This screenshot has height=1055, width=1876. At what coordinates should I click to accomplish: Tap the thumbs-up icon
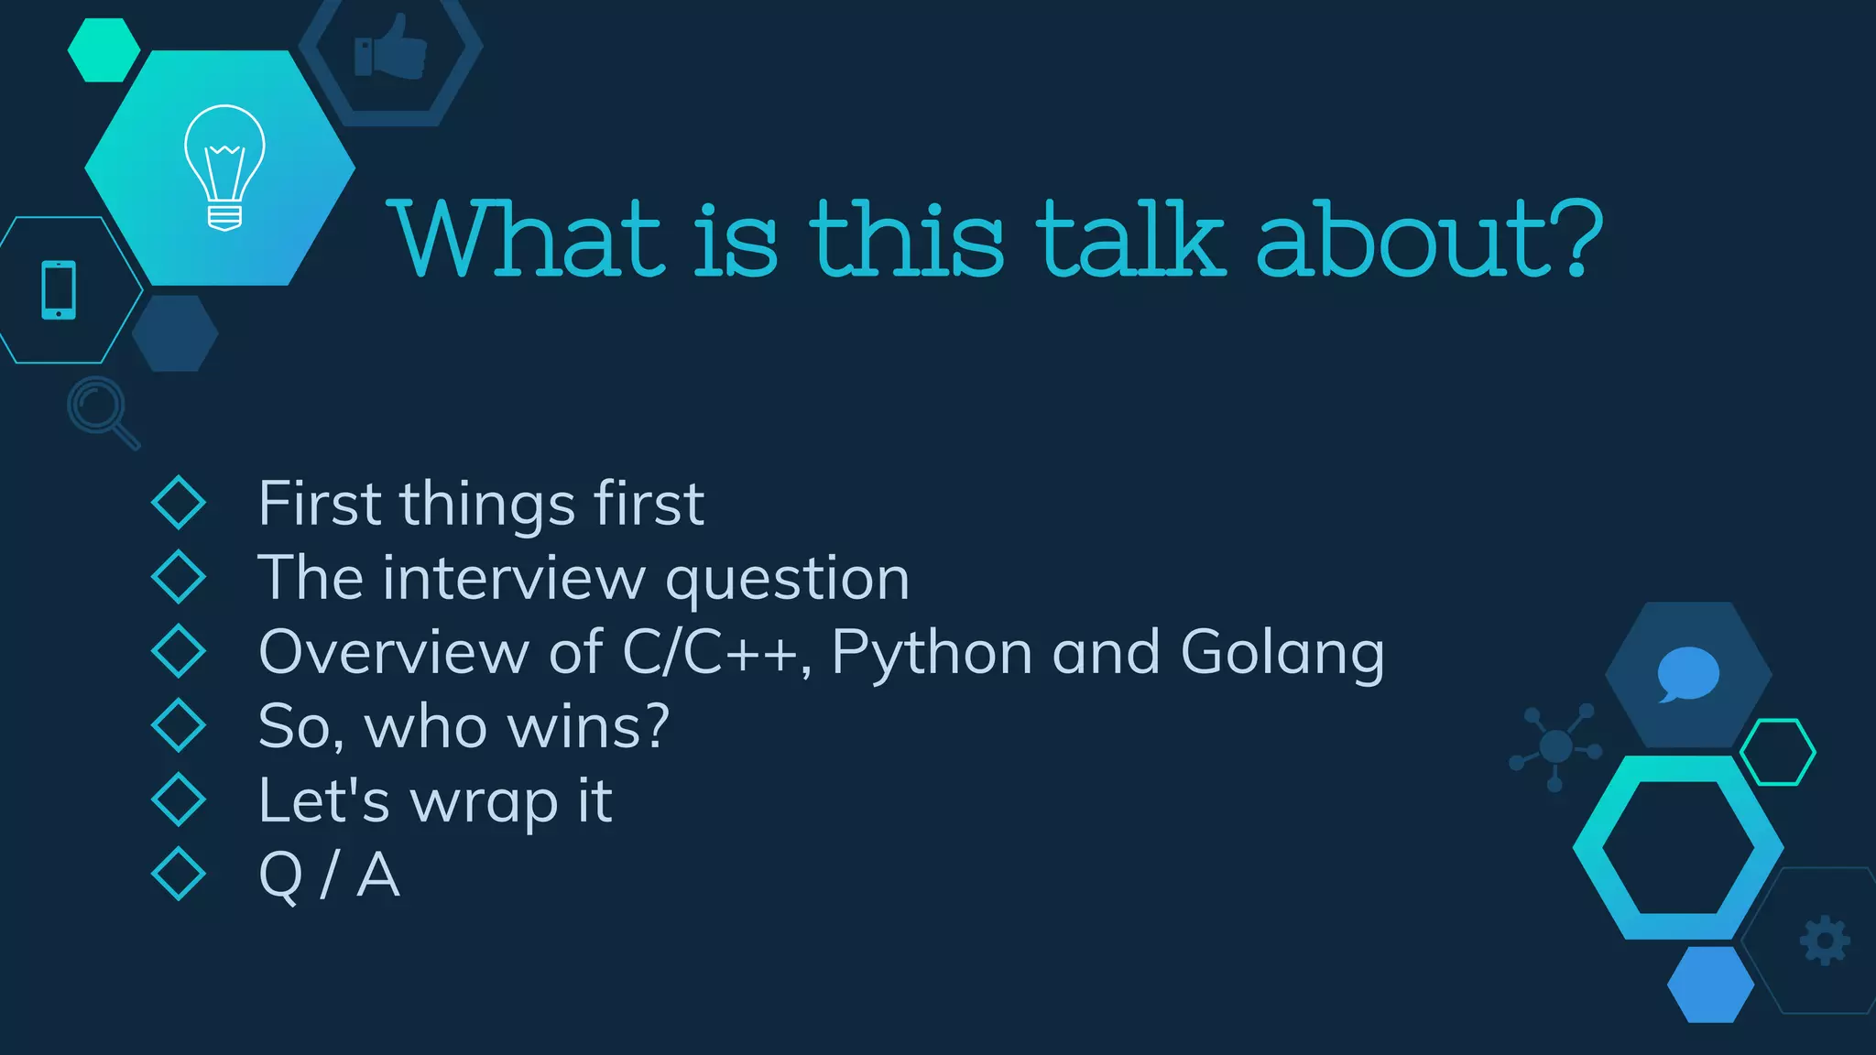[x=391, y=48]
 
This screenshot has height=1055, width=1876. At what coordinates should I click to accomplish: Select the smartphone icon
[x=59, y=290]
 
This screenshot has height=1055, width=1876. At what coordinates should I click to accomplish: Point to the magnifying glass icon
[x=102, y=411]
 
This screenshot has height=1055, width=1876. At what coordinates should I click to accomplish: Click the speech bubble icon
[x=1687, y=674]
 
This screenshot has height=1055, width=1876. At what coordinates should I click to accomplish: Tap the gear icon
[x=1825, y=941]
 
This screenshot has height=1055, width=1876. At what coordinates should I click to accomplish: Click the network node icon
[x=1555, y=746]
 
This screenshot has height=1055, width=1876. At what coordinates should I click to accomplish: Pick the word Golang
[x=1282, y=654]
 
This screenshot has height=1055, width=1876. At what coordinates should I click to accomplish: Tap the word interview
[x=514, y=579]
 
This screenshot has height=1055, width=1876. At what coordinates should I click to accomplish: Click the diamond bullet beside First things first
[x=179, y=503]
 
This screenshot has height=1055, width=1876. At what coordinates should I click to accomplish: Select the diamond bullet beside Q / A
[x=179, y=874]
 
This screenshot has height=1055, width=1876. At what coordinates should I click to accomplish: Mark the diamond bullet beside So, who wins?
[x=179, y=725]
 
